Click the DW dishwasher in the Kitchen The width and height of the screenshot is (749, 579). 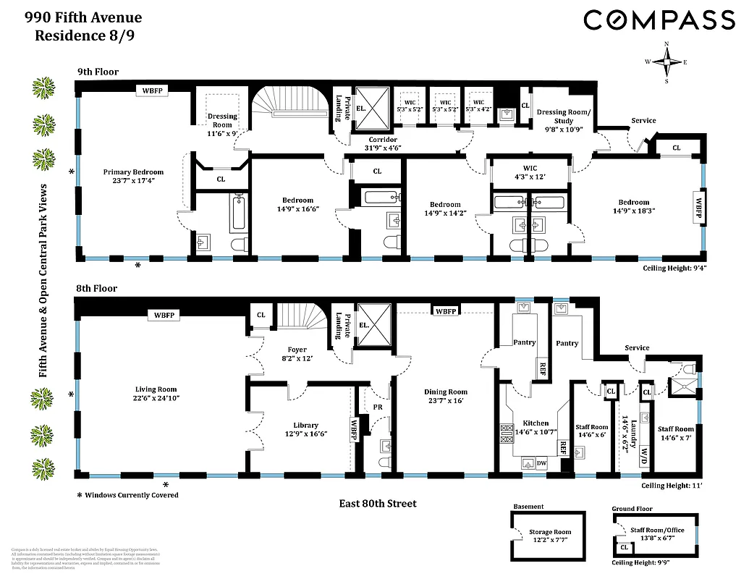[x=541, y=463]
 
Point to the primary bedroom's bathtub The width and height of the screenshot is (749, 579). [x=239, y=212]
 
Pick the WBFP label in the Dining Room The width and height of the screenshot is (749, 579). [x=445, y=311]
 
